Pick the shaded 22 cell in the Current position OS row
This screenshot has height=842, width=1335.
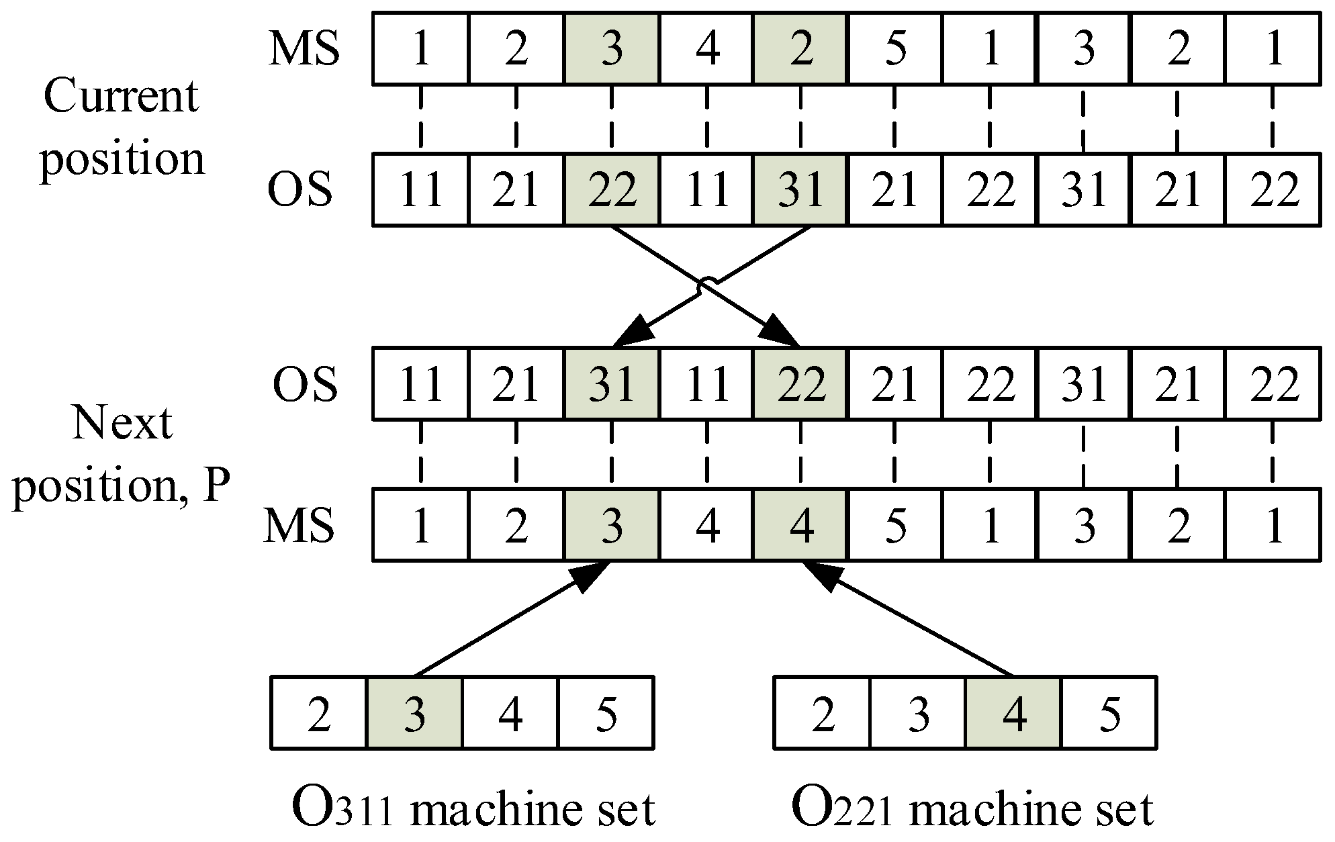pyautogui.click(x=611, y=190)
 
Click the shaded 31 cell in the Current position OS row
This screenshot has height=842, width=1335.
pyautogui.click(x=800, y=190)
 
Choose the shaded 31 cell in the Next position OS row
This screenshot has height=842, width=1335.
pyautogui.click(x=611, y=384)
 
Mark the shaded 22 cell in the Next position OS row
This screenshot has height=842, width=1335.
pyautogui.click(x=800, y=384)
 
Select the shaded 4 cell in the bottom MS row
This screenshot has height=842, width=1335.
pyautogui.click(x=800, y=525)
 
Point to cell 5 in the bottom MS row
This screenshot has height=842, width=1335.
pyautogui.click(x=896, y=525)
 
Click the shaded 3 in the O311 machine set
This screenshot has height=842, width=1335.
pyautogui.click(x=414, y=713)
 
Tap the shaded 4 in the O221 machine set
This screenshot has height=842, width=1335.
pyautogui.click(x=1014, y=713)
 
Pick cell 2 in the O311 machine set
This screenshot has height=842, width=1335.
pyautogui.click(x=319, y=713)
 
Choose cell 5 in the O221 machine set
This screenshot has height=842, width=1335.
pyautogui.click(x=1109, y=713)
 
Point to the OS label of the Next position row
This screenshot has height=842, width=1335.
pyautogui.click(x=304, y=384)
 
